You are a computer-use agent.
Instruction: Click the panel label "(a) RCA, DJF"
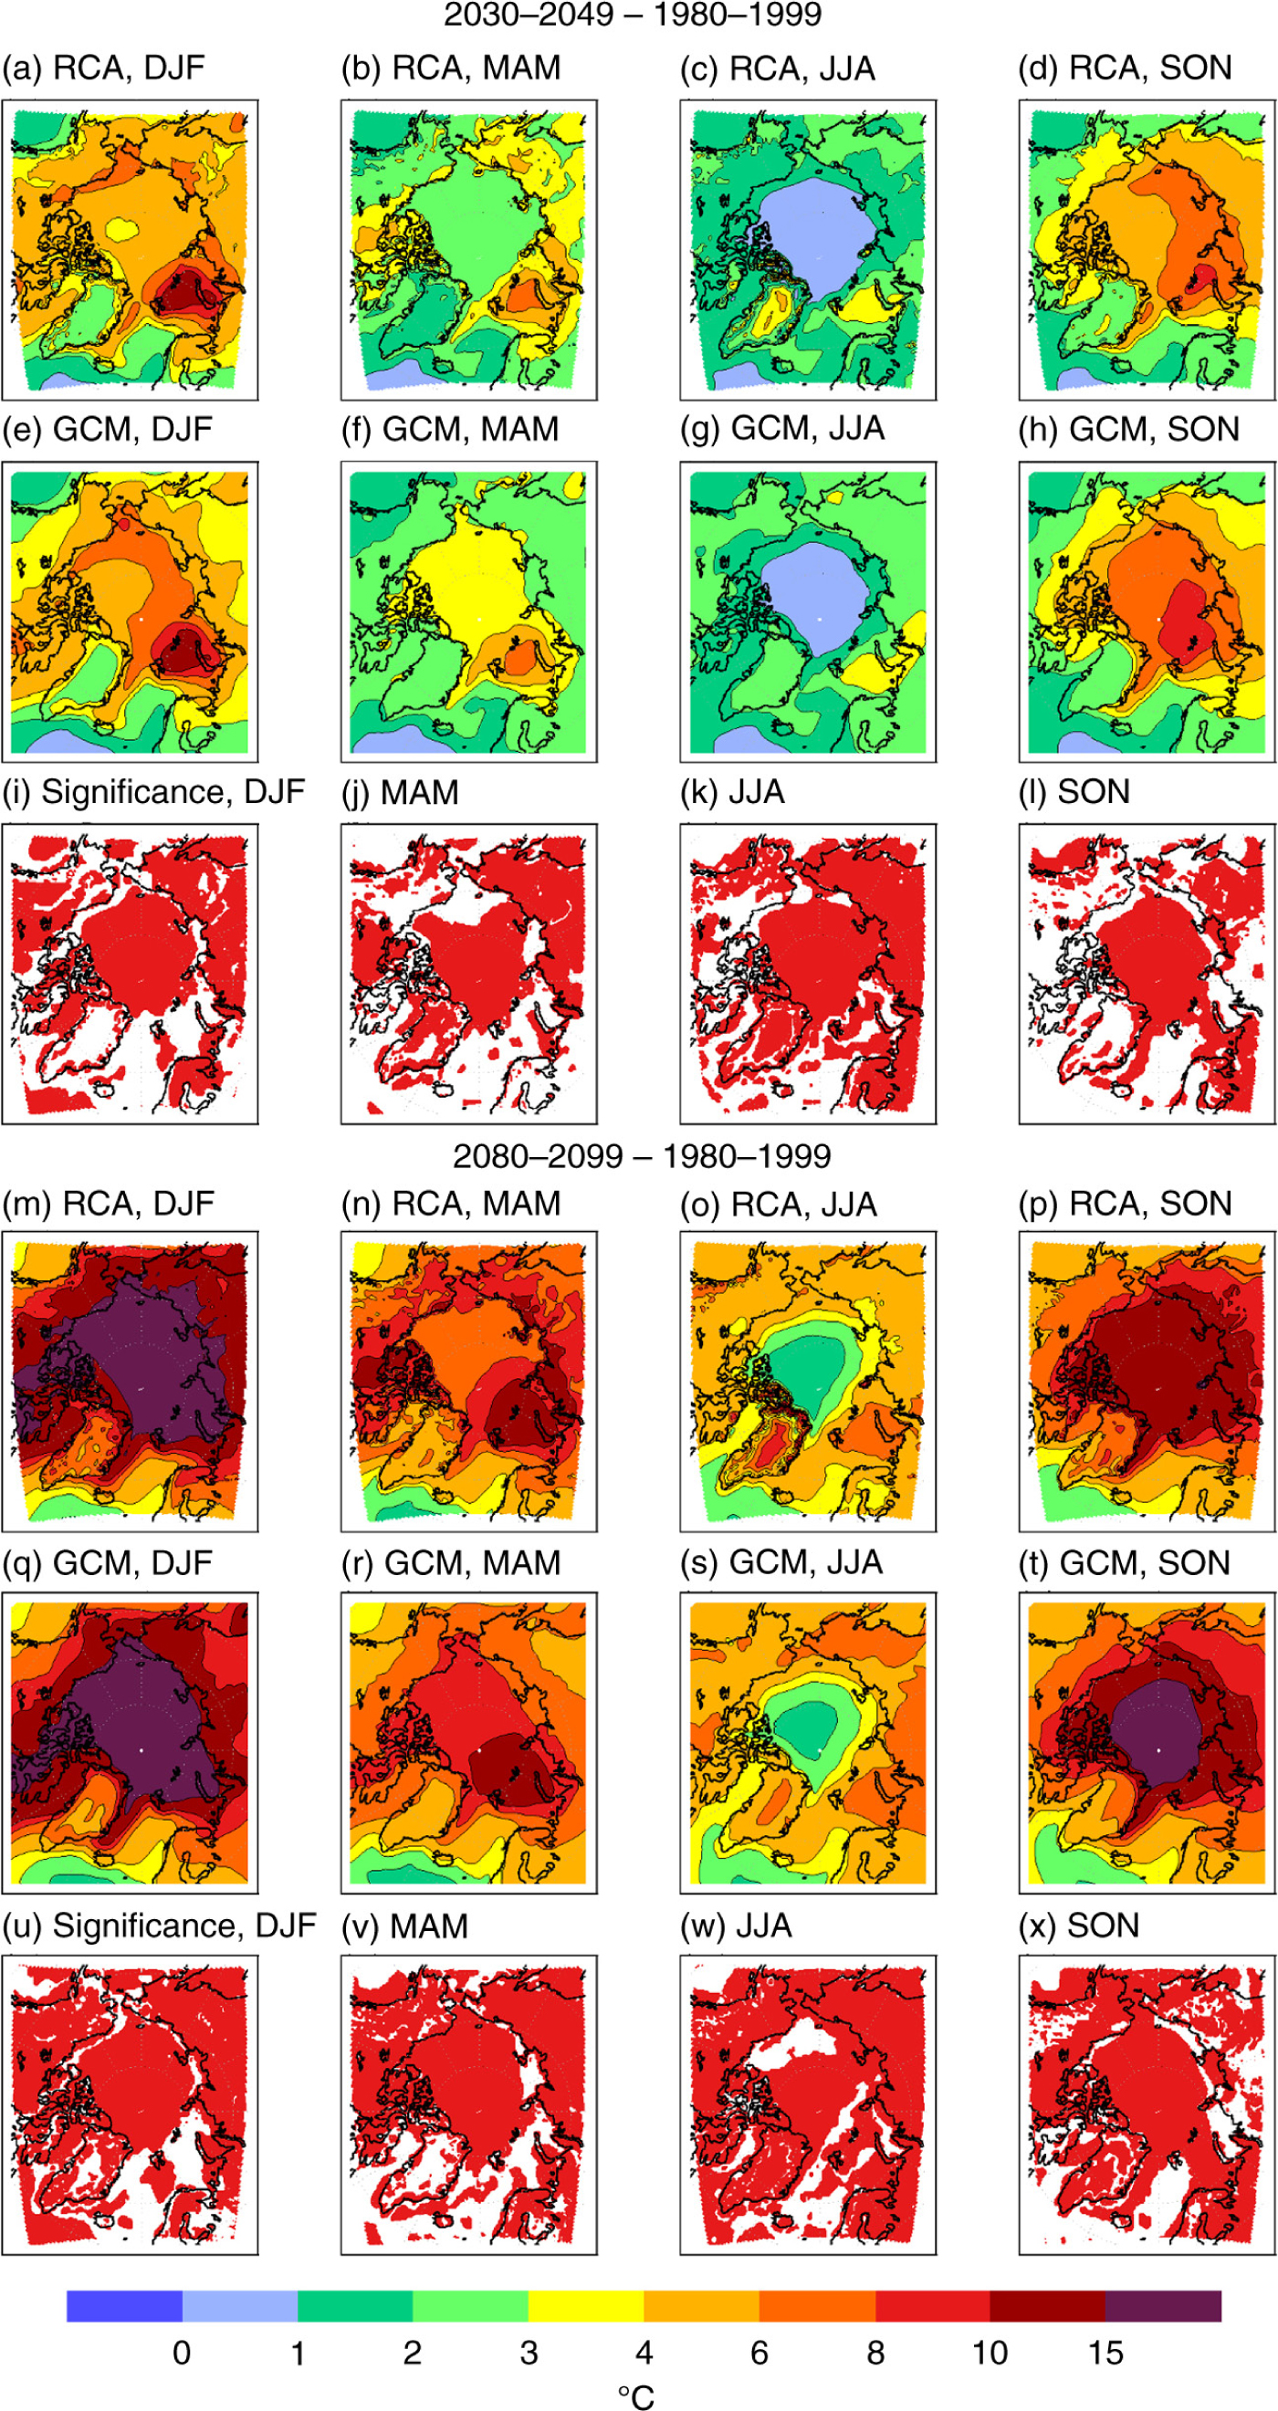103,68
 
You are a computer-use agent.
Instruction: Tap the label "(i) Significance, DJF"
153,792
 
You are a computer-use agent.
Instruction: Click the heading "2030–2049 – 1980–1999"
632,15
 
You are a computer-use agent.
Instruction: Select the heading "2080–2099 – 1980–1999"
642,1157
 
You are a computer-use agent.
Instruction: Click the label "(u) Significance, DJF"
159,1926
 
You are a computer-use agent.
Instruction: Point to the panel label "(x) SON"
1079,1926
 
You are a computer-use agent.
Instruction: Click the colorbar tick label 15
1105,2354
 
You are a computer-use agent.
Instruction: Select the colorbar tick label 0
182,2354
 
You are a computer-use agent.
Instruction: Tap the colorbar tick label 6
759,2354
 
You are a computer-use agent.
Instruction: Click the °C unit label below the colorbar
636,2396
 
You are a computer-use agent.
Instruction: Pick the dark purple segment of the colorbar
1163,2306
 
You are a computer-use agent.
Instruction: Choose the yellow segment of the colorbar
586,2306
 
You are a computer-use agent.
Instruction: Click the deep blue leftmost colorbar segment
123,2306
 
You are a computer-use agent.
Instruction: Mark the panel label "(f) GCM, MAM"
449,430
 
